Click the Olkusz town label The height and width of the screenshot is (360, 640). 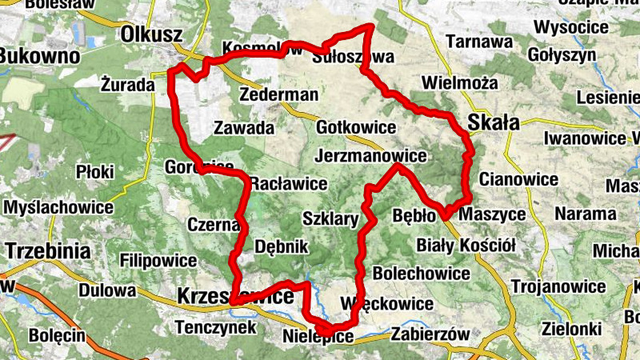[x=153, y=34]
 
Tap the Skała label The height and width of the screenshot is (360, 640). [x=494, y=122]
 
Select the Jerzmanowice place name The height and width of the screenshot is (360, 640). [x=370, y=154]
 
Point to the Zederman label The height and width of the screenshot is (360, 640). [x=278, y=94]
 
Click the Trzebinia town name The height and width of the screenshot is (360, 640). [x=47, y=250]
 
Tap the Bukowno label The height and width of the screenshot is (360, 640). [x=40, y=56]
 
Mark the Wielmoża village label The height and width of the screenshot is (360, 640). [x=459, y=82]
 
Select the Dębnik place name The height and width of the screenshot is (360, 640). [x=281, y=247]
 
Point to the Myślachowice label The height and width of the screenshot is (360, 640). [x=58, y=207]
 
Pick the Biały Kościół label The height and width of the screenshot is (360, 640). [x=466, y=244]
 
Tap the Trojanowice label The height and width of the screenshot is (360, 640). [x=558, y=286]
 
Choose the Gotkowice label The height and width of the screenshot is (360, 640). [x=356, y=127]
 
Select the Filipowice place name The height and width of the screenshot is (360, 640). [x=158, y=261]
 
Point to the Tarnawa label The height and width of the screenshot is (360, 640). [x=479, y=41]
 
